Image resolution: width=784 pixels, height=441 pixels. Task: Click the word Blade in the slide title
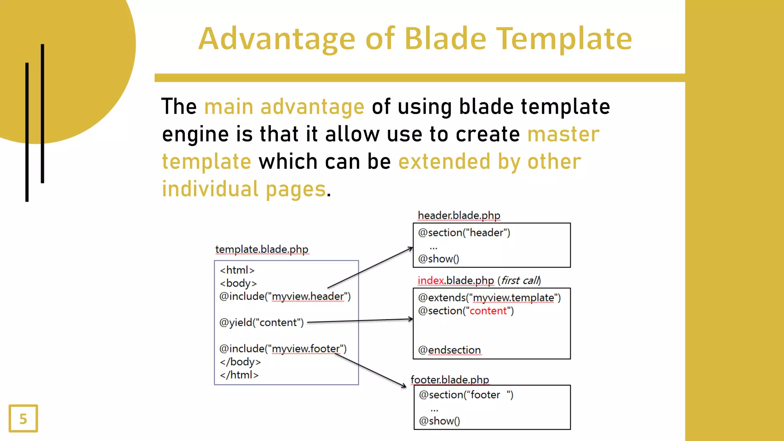tap(445, 39)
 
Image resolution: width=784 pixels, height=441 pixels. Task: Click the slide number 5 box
tap(23, 418)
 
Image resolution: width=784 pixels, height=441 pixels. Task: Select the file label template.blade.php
tap(261, 249)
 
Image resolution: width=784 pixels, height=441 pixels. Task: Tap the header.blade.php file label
tap(459, 216)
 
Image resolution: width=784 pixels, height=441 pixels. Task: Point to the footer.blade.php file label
tap(449, 380)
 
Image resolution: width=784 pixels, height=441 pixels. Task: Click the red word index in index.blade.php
tap(431, 281)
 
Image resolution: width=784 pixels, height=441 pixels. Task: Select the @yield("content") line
tap(261, 322)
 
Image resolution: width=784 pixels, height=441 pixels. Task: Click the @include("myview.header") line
tap(285, 296)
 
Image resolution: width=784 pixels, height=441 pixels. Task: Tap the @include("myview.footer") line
tap(283, 349)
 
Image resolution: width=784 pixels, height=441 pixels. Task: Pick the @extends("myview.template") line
tap(489, 298)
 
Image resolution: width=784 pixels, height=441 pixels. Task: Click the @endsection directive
tap(449, 350)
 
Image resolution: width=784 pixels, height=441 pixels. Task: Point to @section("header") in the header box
tap(464, 233)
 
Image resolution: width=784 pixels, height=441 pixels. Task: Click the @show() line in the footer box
tap(439, 421)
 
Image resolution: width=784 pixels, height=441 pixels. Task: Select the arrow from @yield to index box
tap(360, 320)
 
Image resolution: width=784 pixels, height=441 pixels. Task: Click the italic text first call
tap(520, 281)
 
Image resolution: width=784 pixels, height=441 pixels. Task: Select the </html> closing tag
tap(239, 375)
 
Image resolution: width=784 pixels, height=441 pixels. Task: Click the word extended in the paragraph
tap(444, 162)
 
